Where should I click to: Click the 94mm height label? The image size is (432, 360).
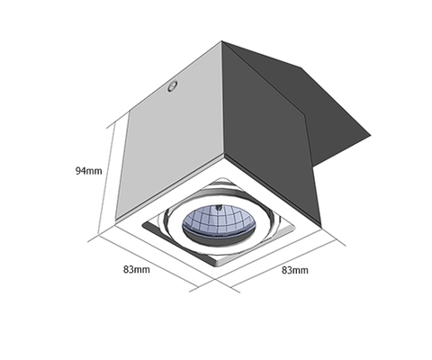(88, 171)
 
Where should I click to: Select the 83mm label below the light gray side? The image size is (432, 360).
(137, 269)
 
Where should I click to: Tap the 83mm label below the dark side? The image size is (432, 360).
(295, 270)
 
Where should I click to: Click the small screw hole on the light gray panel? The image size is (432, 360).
(173, 86)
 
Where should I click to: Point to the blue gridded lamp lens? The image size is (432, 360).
(219, 220)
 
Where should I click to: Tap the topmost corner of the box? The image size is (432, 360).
(221, 41)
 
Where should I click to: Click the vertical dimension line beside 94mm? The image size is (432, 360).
(106, 179)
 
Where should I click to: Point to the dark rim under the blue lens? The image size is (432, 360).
(219, 239)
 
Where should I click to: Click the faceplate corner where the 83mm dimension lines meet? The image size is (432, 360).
(215, 279)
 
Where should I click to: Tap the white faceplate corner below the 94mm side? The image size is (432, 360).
(115, 224)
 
